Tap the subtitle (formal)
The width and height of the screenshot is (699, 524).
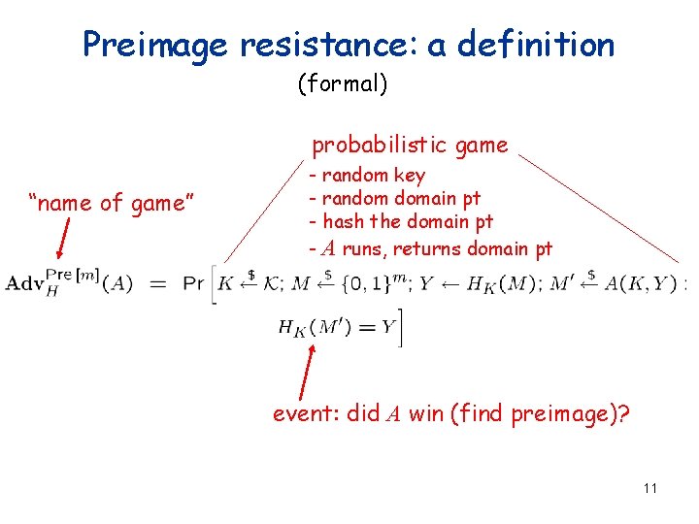tap(342, 84)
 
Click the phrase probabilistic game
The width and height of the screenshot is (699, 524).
tap(410, 146)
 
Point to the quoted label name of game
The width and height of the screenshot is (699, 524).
tap(113, 203)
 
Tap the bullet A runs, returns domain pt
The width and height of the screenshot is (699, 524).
tap(430, 248)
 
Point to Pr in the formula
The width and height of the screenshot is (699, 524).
tap(195, 283)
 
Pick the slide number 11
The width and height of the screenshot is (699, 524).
tap(649, 487)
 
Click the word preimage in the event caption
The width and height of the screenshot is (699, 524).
tap(572, 414)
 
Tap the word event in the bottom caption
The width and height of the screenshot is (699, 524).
tap(304, 414)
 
